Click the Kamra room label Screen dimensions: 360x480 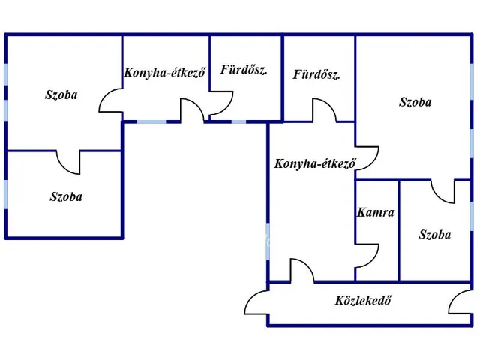tap(376, 212)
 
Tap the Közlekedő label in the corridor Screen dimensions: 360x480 tap(364, 301)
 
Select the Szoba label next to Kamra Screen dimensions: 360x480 tap(435, 235)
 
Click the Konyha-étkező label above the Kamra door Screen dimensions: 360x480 tap(314, 163)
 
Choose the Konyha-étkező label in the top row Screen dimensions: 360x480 tap(164, 73)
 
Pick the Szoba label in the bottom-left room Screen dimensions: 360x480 tap(66, 197)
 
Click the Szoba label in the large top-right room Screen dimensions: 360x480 tap(415, 102)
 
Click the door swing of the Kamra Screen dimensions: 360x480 tap(367, 254)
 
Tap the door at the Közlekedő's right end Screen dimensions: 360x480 tap(459, 301)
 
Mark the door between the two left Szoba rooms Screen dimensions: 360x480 tap(68, 160)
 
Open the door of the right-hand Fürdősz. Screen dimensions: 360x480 tap(324, 109)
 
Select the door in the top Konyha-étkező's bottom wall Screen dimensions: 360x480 tap(192, 111)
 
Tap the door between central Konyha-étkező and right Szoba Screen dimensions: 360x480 tap(367, 157)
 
